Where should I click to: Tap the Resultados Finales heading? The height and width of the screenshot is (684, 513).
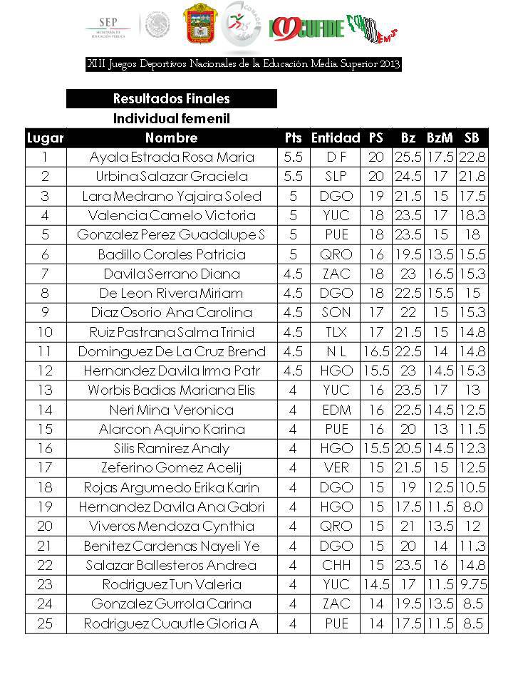pyautogui.click(x=171, y=98)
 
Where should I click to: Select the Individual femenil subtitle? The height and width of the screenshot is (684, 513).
pyautogui.click(x=171, y=118)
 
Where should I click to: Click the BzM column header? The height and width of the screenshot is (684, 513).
pyautogui.click(x=440, y=138)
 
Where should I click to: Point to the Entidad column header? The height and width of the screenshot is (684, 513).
pyautogui.click(x=335, y=138)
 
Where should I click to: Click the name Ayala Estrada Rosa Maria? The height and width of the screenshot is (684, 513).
pyautogui.click(x=172, y=157)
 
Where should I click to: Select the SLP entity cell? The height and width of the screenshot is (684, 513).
pyautogui.click(x=335, y=176)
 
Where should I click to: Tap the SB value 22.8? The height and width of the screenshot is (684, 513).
pyautogui.click(x=472, y=157)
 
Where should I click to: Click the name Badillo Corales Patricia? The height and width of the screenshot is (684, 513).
pyautogui.click(x=172, y=254)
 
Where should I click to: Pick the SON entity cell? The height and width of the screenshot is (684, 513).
pyautogui.click(x=335, y=312)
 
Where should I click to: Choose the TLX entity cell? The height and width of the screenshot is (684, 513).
pyautogui.click(x=335, y=332)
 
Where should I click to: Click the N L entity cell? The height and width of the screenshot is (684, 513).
pyautogui.click(x=335, y=351)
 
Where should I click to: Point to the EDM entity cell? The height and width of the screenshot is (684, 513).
pyautogui.click(x=335, y=410)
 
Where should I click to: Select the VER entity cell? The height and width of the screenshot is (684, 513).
pyautogui.click(x=335, y=468)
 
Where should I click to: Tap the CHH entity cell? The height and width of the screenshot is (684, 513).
pyautogui.click(x=335, y=565)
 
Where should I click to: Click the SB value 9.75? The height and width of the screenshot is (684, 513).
pyautogui.click(x=472, y=584)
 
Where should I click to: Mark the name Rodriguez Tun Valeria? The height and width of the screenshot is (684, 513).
pyautogui.click(x=172, y=584)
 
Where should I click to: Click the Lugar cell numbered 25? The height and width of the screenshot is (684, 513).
pyautogui.click(x=45, y=623)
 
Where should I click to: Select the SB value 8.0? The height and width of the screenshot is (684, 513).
pyautogui.click(x=472, y=507)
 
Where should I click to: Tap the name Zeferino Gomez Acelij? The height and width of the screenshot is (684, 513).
pyautogui.click(x=172, y=468)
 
